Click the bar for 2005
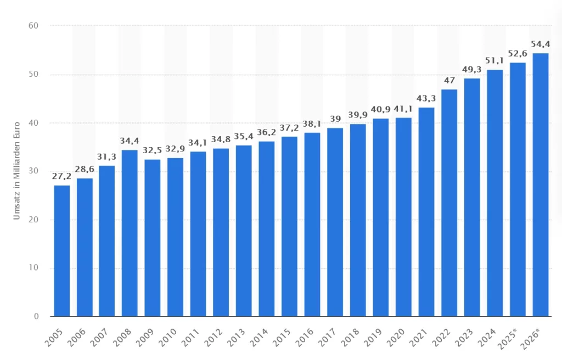point(61,251)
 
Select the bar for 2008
point(130,233)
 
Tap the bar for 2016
point(312,224)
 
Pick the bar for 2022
point(449,203)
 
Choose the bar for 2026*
point(540,185)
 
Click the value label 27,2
point(61,177)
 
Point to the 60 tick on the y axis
point(34,25)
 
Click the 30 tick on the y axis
point(34,171)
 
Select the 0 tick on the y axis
point(36,317)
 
